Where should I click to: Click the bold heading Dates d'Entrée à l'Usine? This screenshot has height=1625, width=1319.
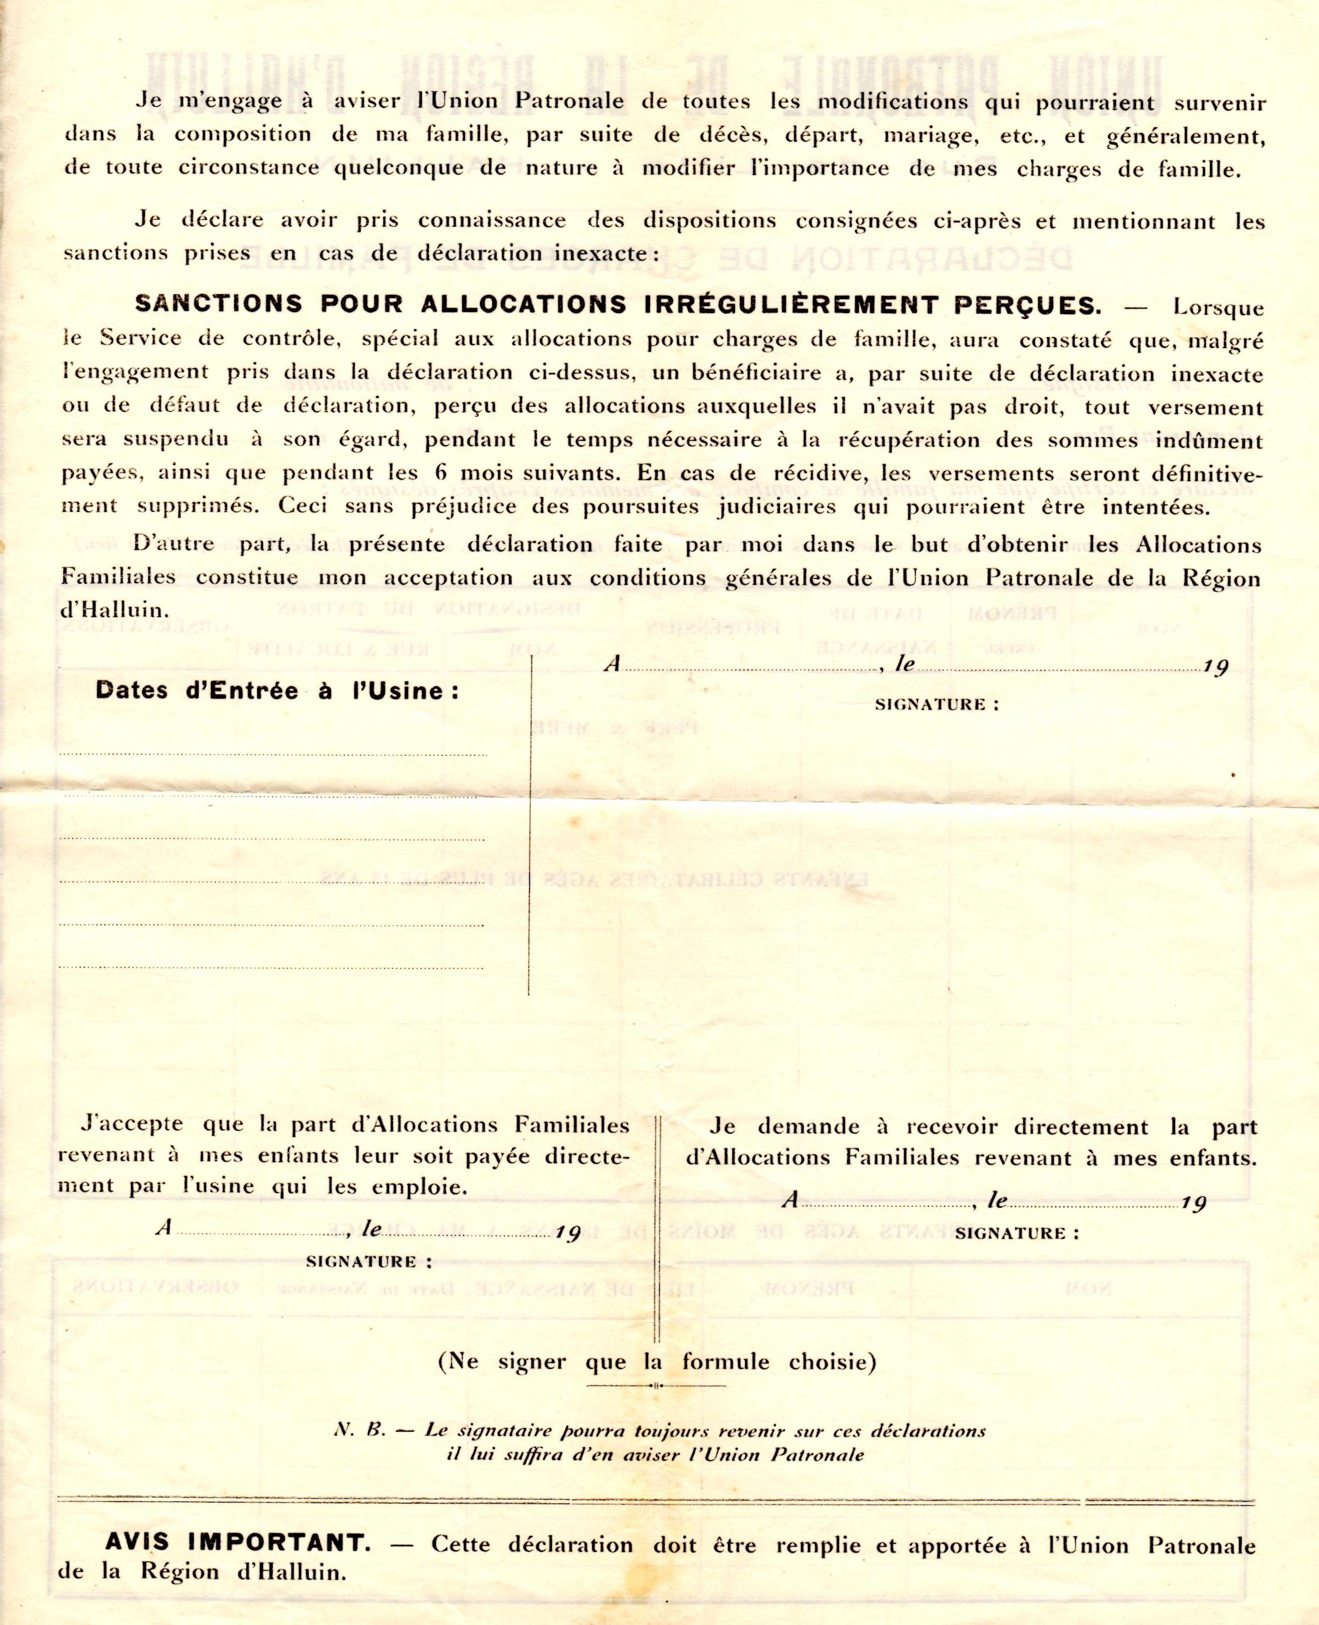pos(278,691)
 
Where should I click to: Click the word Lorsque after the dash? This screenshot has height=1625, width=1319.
pos(1219,308)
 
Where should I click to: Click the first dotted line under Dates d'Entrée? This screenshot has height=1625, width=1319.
pos(274,755)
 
